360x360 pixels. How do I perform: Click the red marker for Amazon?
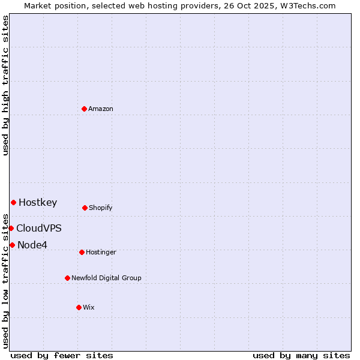pyautogui.click(x=84, y=109)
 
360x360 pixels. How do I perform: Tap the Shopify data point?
pyautogui.click(x=85, y=208)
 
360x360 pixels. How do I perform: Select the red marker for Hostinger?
pyautogui.click(x=82, y=252)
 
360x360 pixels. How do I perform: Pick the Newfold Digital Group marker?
pyautogui.click(x=67, y=278)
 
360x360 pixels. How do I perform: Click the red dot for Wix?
pyautogui.click(x=79, y=307)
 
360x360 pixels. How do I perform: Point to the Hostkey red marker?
pyautogui.click(x=13, y=202)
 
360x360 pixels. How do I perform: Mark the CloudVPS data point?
pyautogui.click(x=11, y=228)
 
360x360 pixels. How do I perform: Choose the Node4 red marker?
pyautogui.click(x=12, y=245)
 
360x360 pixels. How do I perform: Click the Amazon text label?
pyautogui.click(x=100, y=109)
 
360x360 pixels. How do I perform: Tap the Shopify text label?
pyautogui.click(x=100, y=208)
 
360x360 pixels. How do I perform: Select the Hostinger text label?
pyautogui.click(x=101, y=253)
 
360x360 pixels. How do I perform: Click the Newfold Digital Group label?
pyautogui.click(x=106, y=278)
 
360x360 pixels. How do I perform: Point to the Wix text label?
pyautogui.click(x=88, y=308)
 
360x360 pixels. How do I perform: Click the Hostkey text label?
pyautogui.click(x=38, y=203)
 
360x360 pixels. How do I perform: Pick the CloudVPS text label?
pyautogui.click(x=38, y=229)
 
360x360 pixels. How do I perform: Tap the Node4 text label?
pyautogui.click(x=32, y=245)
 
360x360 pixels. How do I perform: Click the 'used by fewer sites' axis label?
pyautogui.click(x=62, y=355)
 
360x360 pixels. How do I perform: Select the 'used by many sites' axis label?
pyautogui.click(x=301, y=355)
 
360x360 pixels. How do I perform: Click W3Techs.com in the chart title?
pyautogui.click(x=306, y=5)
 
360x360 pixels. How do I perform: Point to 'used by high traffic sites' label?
pyautogui.click(x=5, y=85)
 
